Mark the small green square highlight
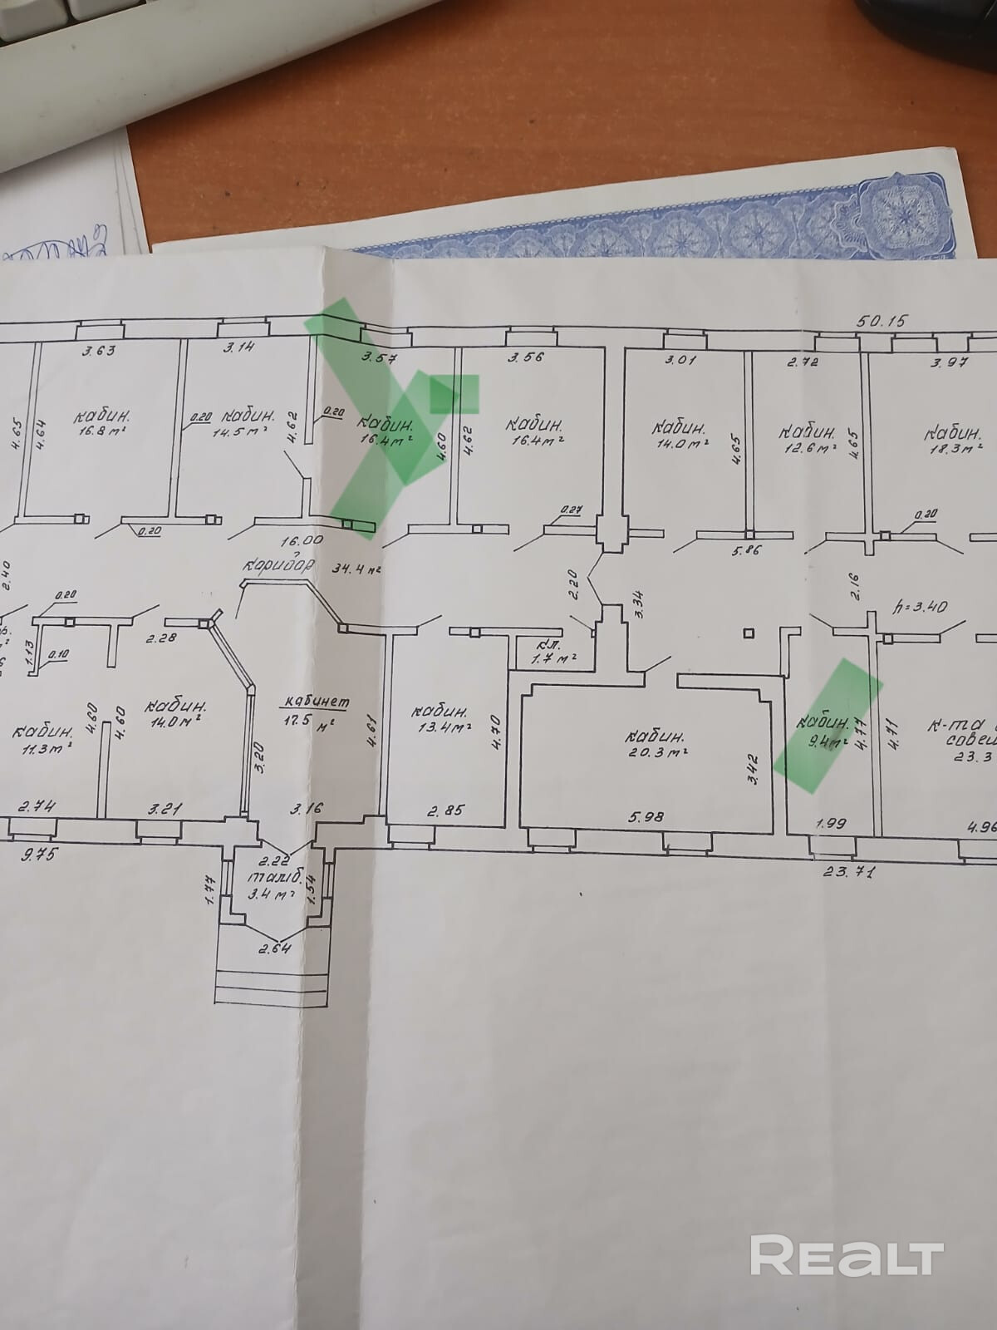click(454, 393)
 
